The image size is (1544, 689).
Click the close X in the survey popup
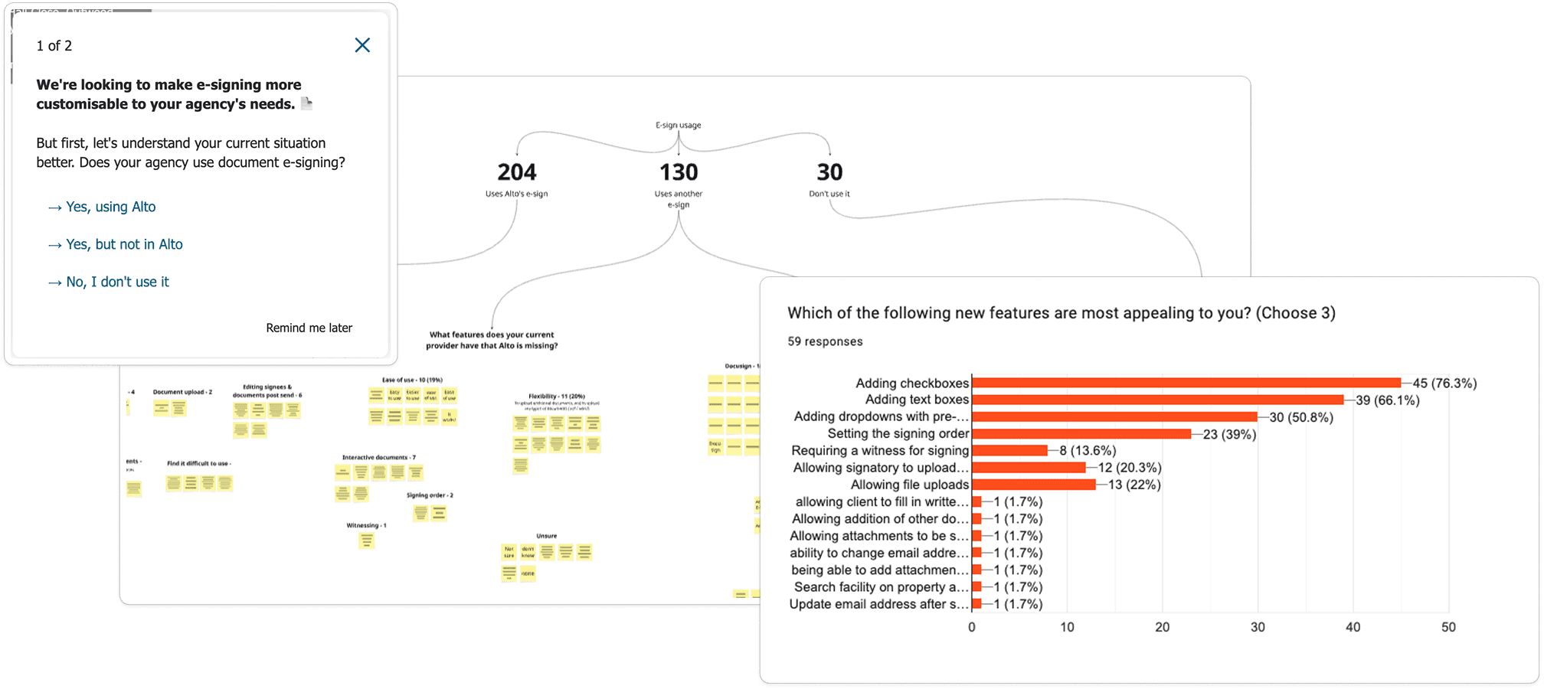(362, 46)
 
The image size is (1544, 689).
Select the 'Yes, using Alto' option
(110, 207)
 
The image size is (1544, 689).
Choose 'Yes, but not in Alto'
(124, 244)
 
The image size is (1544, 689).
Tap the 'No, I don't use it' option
(117, 282)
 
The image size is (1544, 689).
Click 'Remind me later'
(309, 328)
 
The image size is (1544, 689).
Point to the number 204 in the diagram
(517, 172)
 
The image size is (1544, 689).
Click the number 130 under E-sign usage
(679, 172)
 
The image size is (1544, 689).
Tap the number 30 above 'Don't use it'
(829, 172)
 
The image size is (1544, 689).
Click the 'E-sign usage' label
(679, 125)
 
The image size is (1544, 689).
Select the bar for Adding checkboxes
(1186, 383)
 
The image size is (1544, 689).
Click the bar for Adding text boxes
(1157, 400)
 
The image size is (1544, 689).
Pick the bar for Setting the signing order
(1081, 434)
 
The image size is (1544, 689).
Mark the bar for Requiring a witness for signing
(1009, 451)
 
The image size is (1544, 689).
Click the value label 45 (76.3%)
(1444, 384)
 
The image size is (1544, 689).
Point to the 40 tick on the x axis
(1353, 627)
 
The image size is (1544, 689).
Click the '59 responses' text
(825, 341)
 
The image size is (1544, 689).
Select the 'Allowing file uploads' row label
(910, 485)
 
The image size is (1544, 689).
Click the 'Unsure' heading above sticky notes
(547, 536)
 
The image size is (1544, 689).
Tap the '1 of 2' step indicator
(54, 46)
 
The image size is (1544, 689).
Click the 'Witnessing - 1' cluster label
(366, 525)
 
